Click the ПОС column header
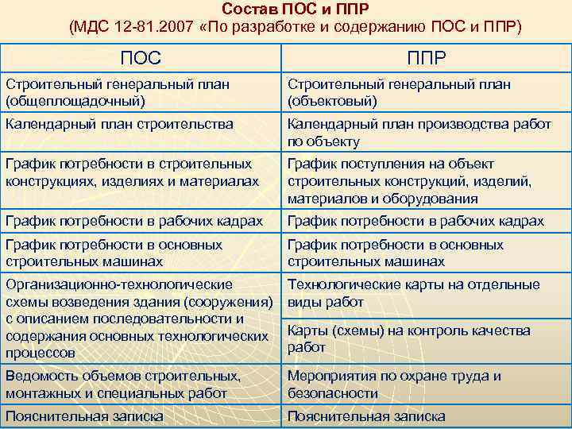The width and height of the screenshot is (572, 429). pyautogui.click(x=141, y=57)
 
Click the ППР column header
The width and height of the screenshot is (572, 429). pyautogui.click(x=426, y=57)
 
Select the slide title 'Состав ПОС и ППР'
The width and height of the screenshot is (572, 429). pyautogui.click(x=296, y=10)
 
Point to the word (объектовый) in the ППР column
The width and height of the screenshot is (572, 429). pyautogui.click(x=332, y=101)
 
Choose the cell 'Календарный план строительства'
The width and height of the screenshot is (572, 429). pyautogui.click(x=119, y=124)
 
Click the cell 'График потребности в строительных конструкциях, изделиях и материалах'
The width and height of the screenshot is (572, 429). pyautogui.click(x=132, y=172)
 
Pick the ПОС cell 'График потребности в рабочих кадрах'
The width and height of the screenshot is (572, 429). pyautogui.click(x=133, y=221)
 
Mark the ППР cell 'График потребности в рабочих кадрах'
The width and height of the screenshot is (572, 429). pyautogui.click(x=415, y=221)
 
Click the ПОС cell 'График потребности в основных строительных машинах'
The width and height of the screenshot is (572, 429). pyautogui.click(x=114, y=253)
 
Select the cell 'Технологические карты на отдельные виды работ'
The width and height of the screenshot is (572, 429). pyautogui.click(x=413, y=293)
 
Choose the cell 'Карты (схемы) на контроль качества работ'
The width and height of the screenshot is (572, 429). pyautogui.click(x=408, y=338)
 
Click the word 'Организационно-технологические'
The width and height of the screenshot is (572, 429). pyautogui.click(x=119, y=284)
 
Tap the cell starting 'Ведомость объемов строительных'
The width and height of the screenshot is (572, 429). pyautogui.click(x=123, y=384)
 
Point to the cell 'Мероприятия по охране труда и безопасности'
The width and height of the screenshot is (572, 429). pyautogui.click(x=394, y=384)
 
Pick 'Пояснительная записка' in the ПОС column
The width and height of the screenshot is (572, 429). pyautogui.click(x=84, y=415)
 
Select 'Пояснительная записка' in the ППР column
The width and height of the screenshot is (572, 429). pyautogui.click(x=366, y=415)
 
